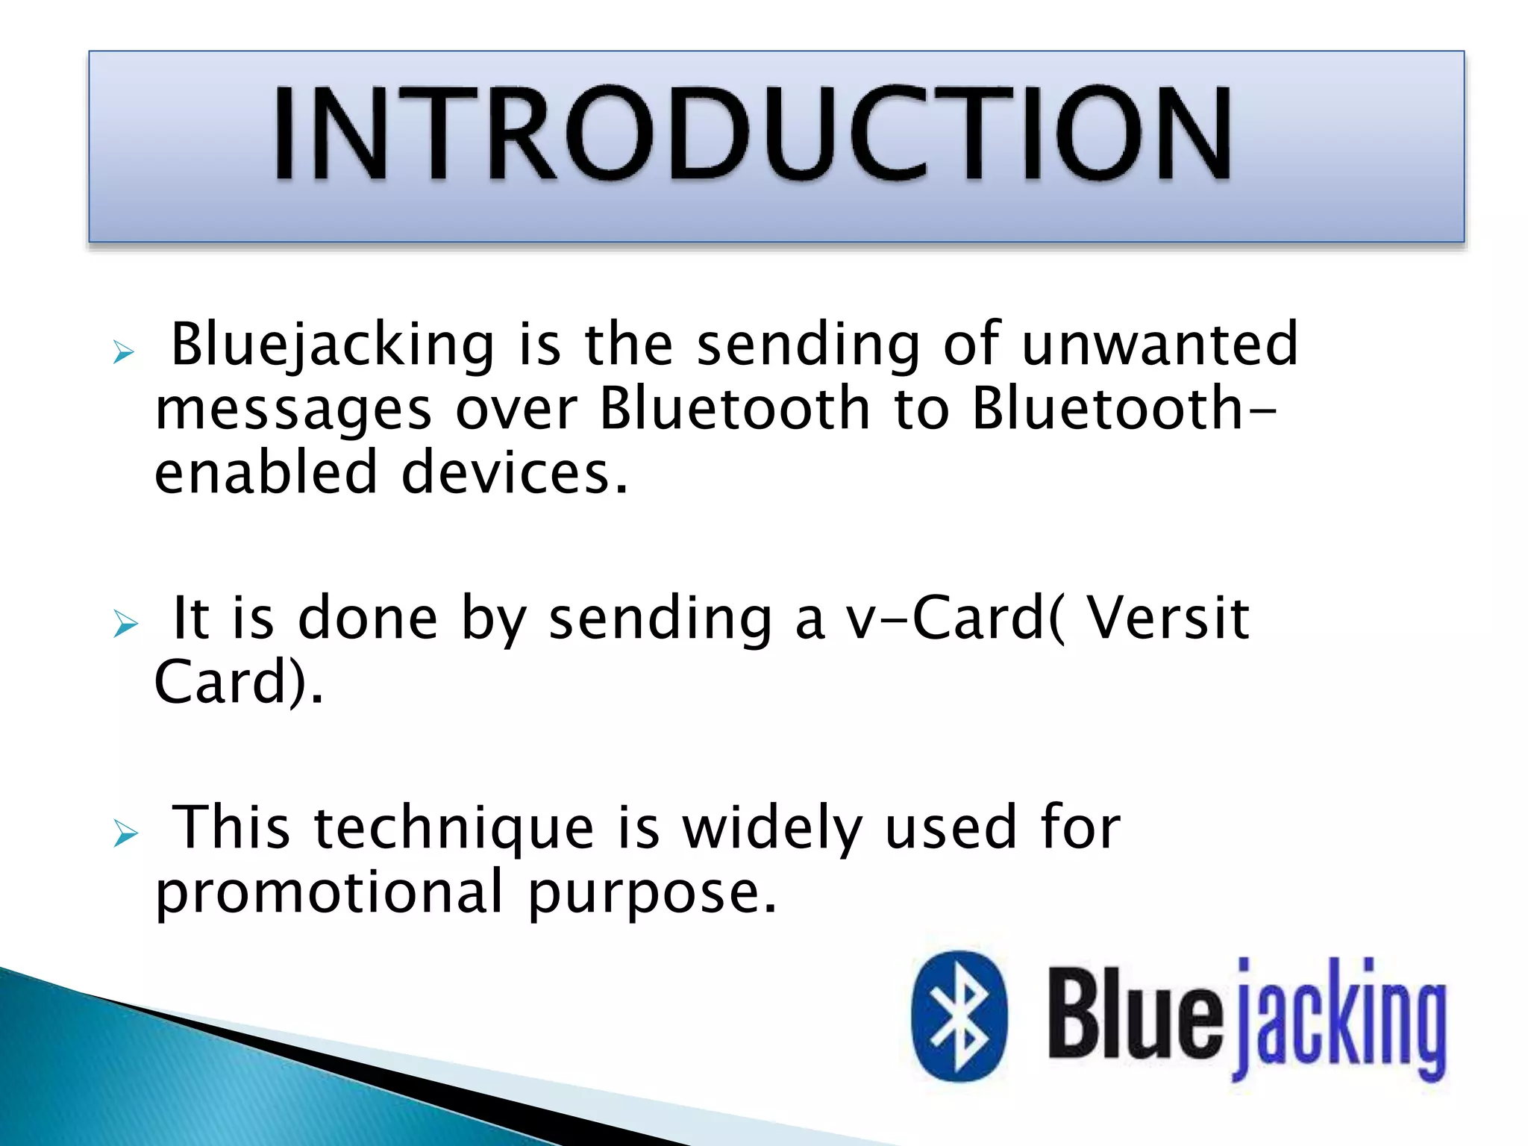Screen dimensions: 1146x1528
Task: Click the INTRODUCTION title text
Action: (x=752, y=134)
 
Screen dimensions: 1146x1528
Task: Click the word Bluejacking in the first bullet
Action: (x=333, y=345)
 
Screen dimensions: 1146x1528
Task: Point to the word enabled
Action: (x=266, y=473)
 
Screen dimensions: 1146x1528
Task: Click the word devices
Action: (x=515, y=473)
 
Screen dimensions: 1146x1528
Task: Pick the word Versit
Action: (x=1167, y=618)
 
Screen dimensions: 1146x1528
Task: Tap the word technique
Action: (x=454, y=828)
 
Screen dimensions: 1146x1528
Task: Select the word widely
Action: (x=773, y=828)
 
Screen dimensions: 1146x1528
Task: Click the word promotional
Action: (x=329, y=892)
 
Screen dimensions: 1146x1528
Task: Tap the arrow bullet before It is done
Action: (x=125, y=624)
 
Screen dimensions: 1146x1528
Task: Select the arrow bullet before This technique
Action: (x=125, y=833)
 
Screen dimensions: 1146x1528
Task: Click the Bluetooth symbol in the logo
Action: (x=959, y=1016)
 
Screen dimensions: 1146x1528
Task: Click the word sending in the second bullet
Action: (x=661, y=619)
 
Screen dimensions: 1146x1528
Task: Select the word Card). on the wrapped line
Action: (x=239, y=682)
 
